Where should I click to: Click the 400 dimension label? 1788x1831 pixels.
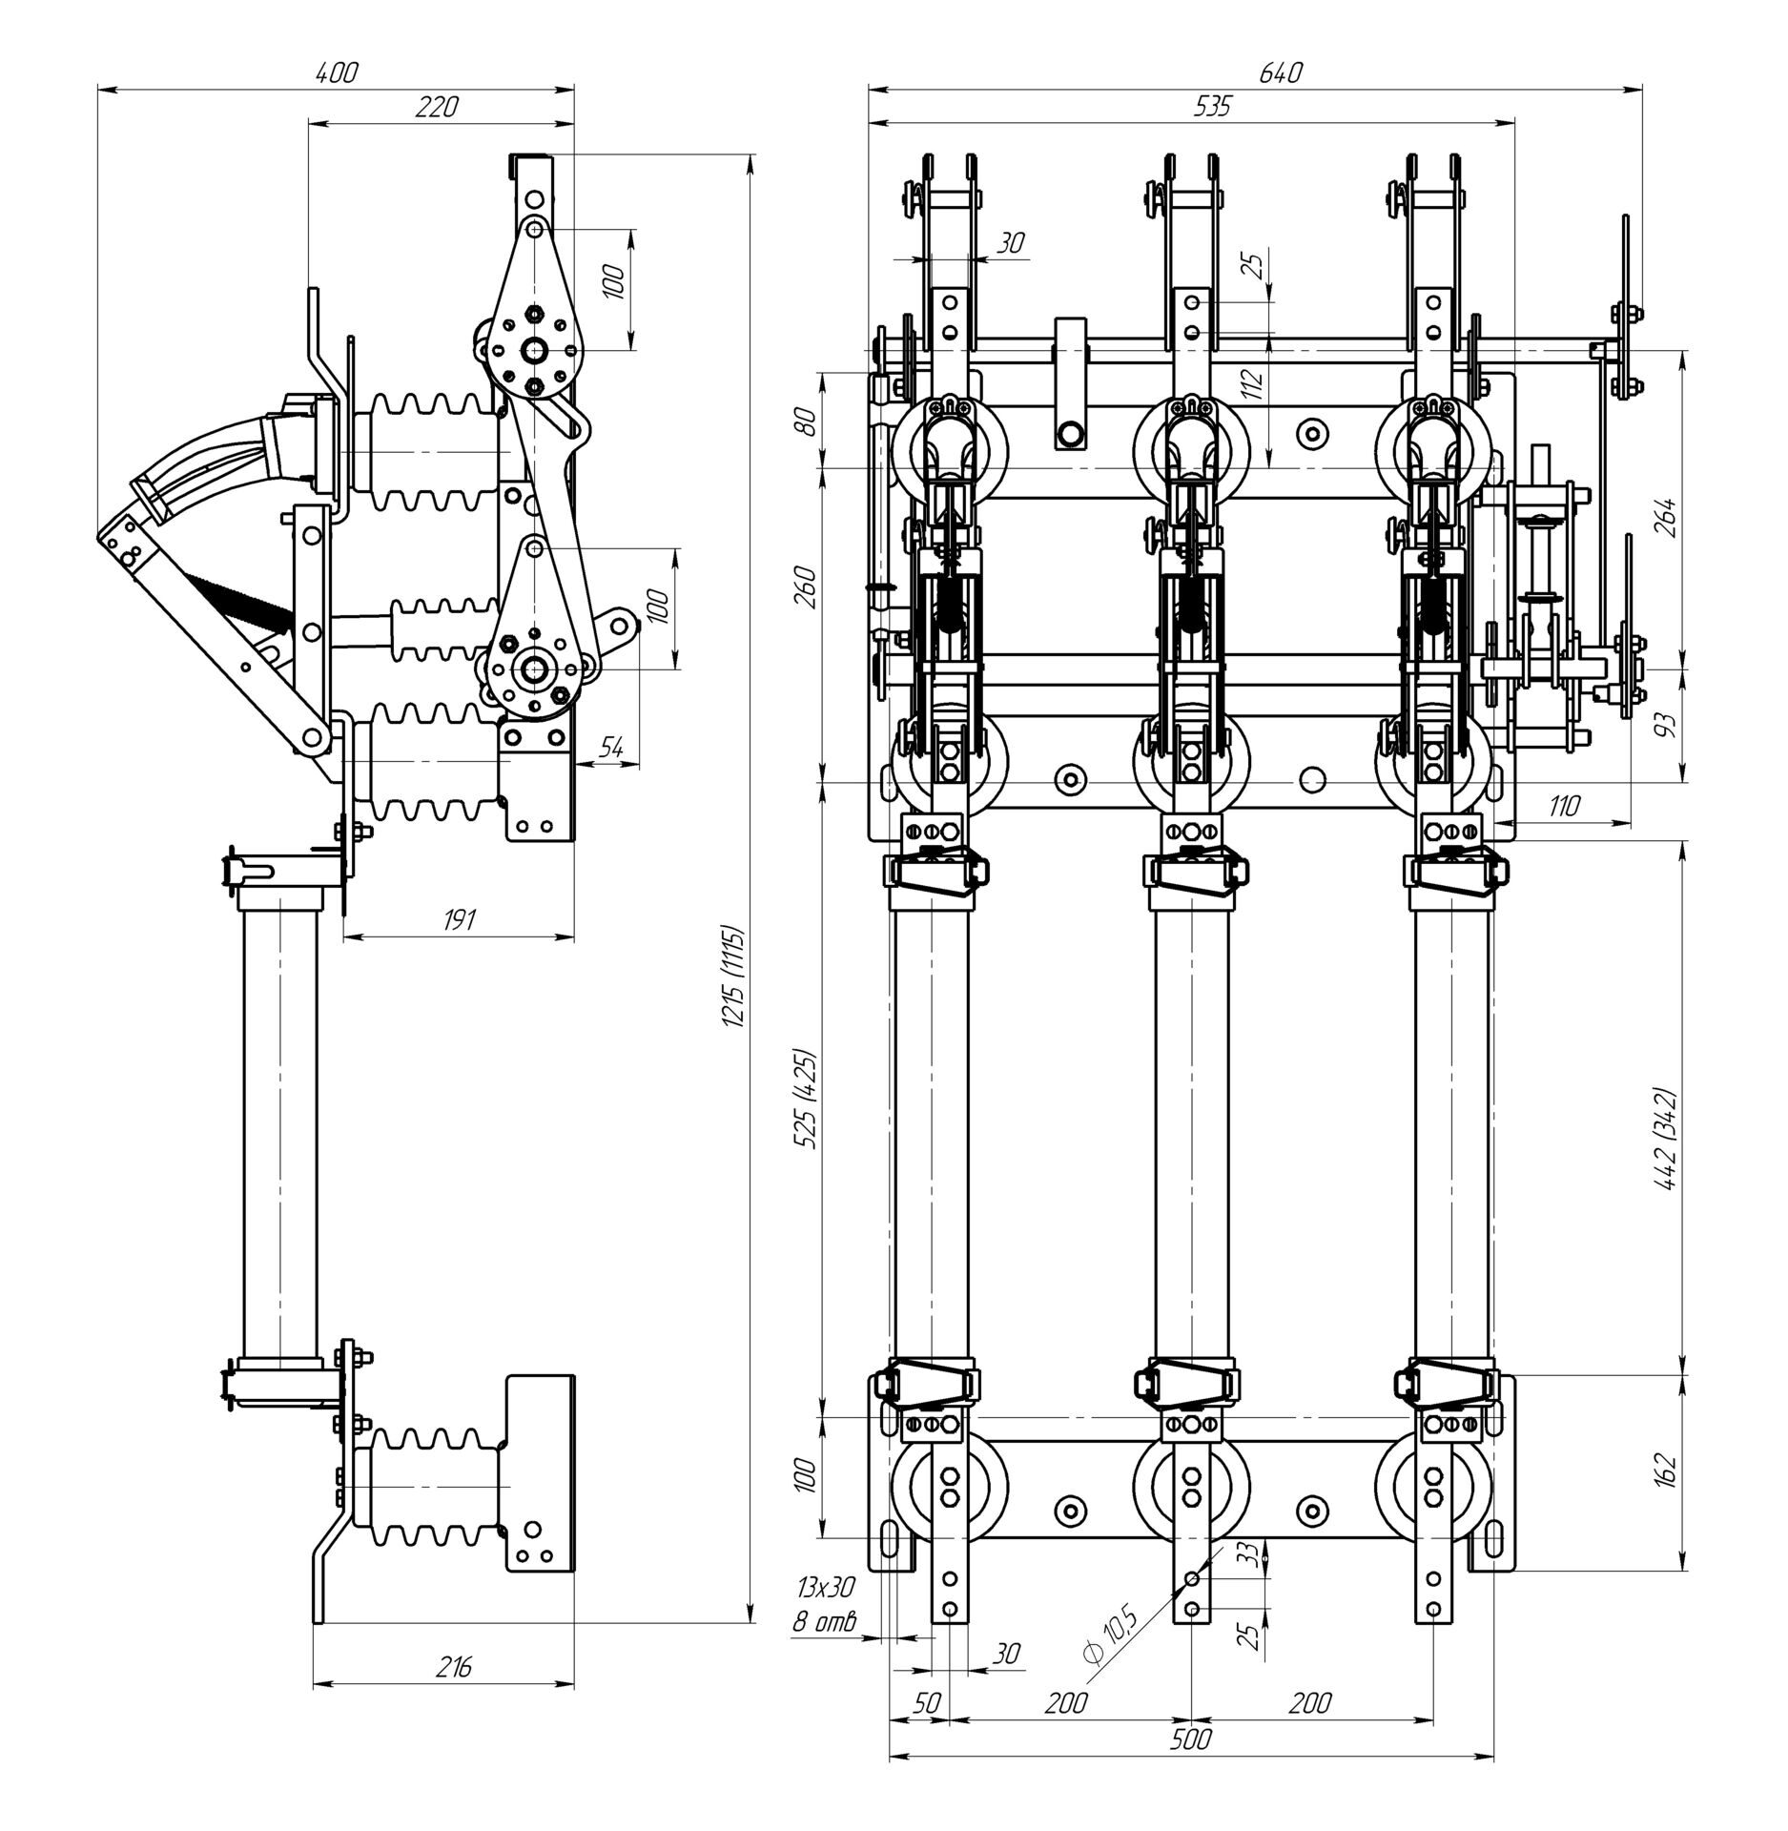[x=337, y=72]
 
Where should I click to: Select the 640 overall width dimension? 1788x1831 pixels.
[x=1280, y=72]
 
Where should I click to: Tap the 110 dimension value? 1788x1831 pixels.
[x=1564, y=806]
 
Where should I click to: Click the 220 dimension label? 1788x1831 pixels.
[x=437, y=106]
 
